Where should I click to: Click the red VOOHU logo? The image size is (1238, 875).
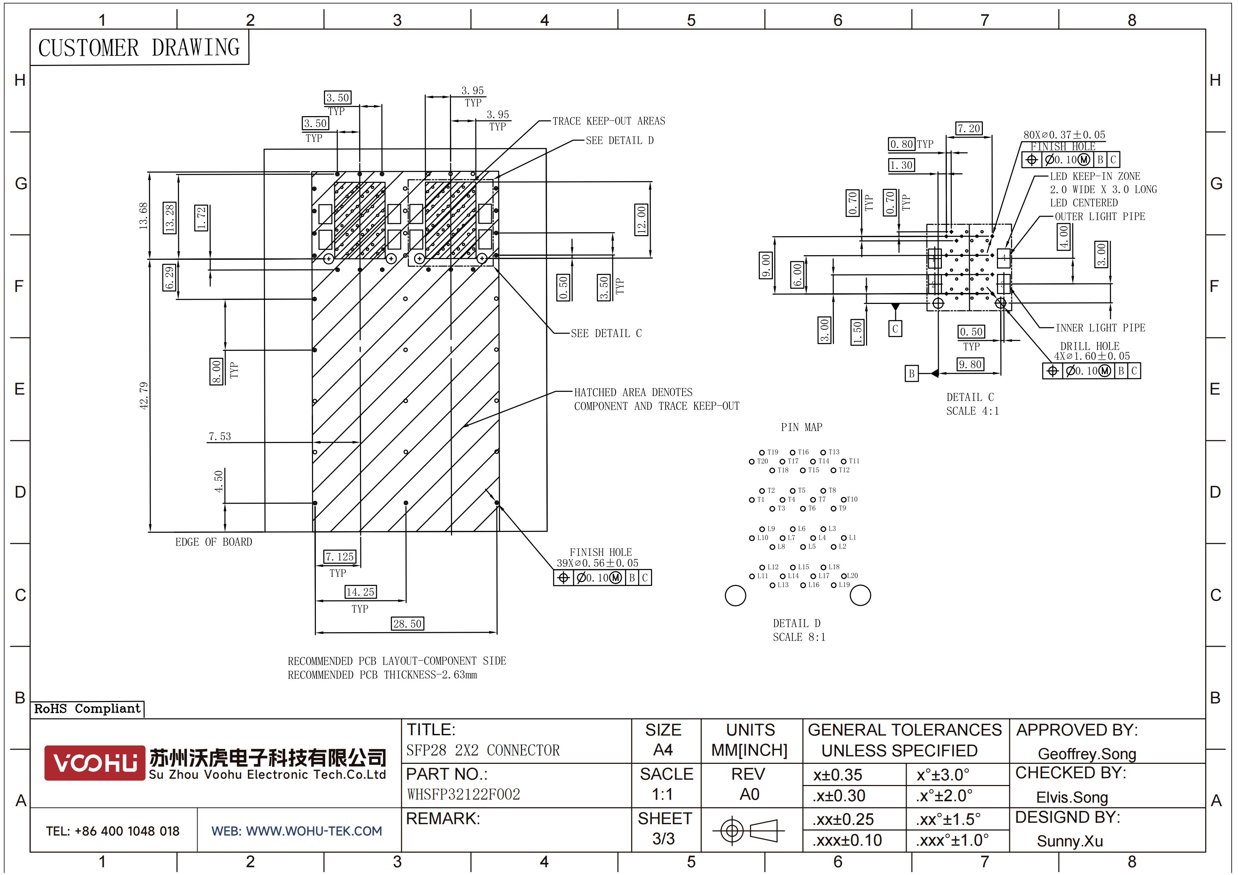pyautogui.click(x=95, y=763)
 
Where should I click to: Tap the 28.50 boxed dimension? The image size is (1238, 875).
pyautogui.click(x=407, y=624)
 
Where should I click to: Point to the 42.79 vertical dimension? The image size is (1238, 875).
pyautogui.click(x=143, y=396)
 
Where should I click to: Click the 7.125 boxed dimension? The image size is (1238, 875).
pyautogui.click(x=339, y=556)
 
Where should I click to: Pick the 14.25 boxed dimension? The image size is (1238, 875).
pyautogui.click(x=360, y=592)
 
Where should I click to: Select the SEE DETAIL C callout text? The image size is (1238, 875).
pyautogui.click(x=606, y=333)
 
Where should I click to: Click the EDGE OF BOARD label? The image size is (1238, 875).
pyautogui.click(x=214, y=542)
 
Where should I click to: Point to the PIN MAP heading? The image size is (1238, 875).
pyautogui.click(x=801, y=427)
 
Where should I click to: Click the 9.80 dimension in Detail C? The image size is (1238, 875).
pyautogui.click(x=969, y=365)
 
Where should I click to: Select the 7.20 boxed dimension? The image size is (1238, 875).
pyautogui.click(x=969, y=128)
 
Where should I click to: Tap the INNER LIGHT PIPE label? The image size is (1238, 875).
pyautogui.click(x=1100, y=328)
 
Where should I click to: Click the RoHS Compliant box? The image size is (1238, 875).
pyautogui.click(x=88, y=708)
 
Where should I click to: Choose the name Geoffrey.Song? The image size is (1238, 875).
pyautogui.click(x=1087, y=754)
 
